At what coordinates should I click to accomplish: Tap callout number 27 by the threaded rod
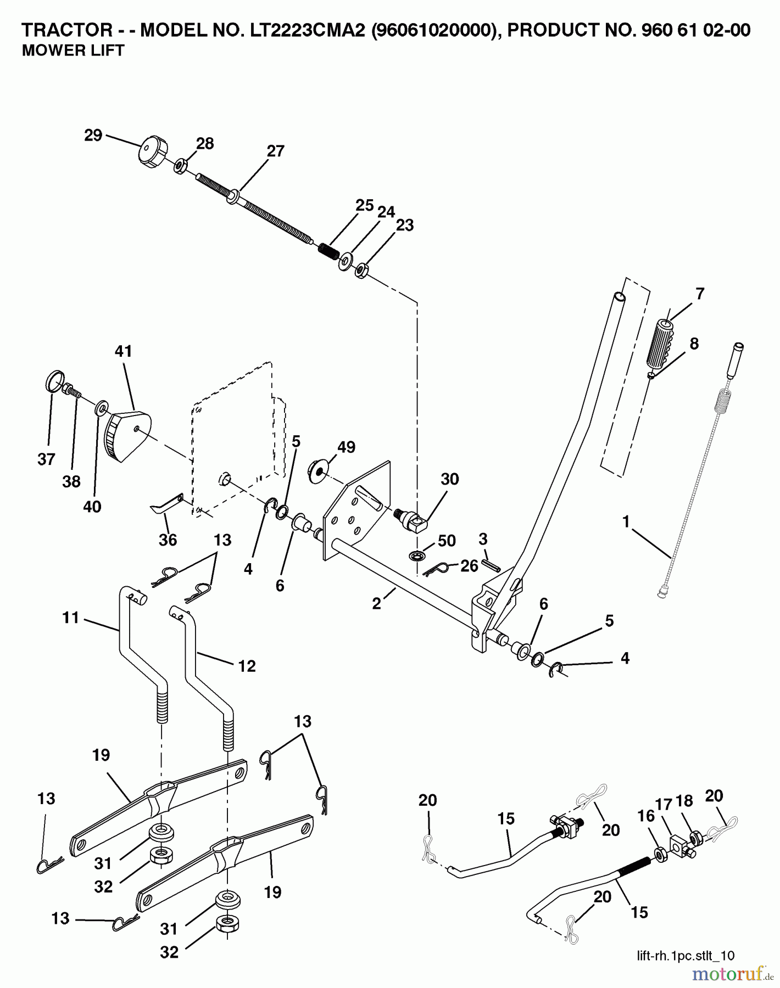point(275,151)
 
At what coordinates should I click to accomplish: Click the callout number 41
point(123,351)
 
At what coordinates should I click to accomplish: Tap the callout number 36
point(168,540)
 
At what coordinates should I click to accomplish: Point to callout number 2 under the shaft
point(376,604)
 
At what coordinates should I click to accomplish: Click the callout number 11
point(71,618)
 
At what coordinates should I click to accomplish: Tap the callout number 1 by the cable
point(626,521)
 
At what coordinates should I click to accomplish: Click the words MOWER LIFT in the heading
point(73,50)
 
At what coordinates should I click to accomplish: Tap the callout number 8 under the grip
point(694,344)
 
